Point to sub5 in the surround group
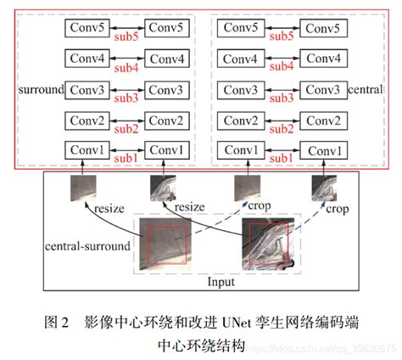point(126,38)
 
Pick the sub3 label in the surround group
point(126,99)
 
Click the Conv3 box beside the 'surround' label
point(88,90)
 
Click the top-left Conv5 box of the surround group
point(88,29)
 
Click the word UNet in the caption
point(238,323)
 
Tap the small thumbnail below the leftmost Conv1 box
point(85,188)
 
